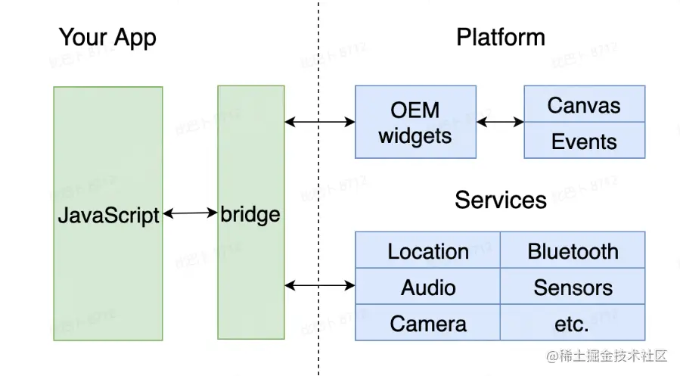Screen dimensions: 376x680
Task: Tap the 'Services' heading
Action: tap(500, 200)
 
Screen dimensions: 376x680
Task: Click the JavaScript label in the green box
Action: tap(108, 215)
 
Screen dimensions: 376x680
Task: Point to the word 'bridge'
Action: tap(250, 214)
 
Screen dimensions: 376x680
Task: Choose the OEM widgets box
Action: tap(415, 122)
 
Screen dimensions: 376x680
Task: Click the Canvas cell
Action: tap(584, 104)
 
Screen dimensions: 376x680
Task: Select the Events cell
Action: tap(584, 141)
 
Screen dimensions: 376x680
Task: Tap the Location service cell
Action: tap(428, 250)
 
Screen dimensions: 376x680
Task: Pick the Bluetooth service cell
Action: tap(573, 250)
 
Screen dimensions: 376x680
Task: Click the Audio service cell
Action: tap(428, 287)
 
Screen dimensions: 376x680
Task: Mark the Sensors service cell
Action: tap(573, 287)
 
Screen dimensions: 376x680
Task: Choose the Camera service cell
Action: tap(428, 324)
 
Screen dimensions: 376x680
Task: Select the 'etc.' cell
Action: tap(573, 324)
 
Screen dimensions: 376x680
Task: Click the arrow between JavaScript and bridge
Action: tap(190, 214)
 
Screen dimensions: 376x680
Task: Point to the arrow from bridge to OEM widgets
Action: tap(320, 121)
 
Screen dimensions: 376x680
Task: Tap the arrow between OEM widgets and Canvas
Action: tap(500, 121)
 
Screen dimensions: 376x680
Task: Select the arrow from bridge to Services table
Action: tap(320, 285)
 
